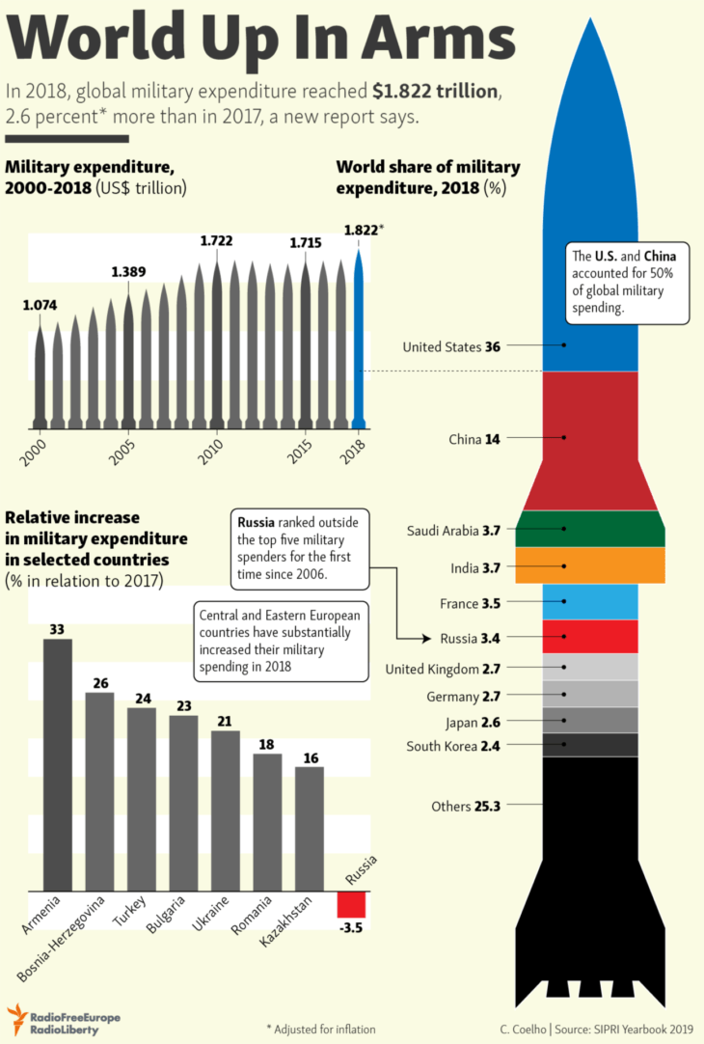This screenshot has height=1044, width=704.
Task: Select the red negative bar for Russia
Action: pyautogui.click(x=351, y=904)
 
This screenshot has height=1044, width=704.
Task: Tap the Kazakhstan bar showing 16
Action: pyautogui.click(x=310, y=828)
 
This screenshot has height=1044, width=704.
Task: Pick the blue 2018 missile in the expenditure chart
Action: pyautogui.click(x=360, y=338)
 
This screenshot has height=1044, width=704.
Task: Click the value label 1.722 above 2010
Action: pyautogui.click(x=217, y=240)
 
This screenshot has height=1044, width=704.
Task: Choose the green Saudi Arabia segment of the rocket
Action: pyautogui.click(x=590, y=529)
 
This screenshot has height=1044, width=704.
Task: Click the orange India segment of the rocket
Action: pyautogui.click(x=590, y=565)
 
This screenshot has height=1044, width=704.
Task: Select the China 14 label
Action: pyautogui.click(x=474, y=438)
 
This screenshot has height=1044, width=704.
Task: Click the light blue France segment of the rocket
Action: pyautogui.click(x=590, y=602)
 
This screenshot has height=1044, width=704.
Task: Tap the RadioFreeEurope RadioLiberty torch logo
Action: pyautogui.click(x=16, y=1018)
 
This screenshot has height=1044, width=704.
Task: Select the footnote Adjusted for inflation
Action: pyautogui.click(x=321, y=1029)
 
